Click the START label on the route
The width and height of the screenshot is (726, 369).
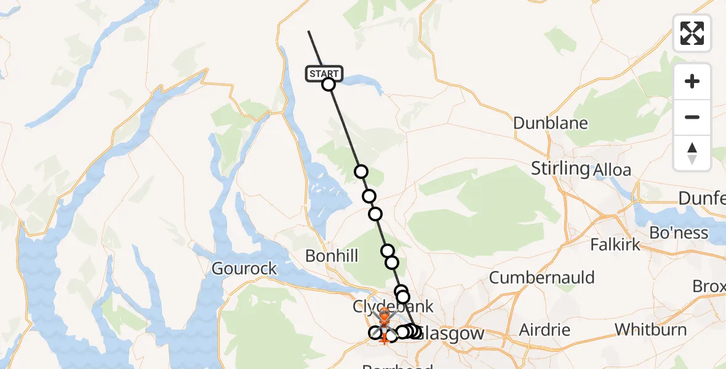click(322, 74)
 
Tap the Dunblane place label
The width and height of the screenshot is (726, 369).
click(551, 123)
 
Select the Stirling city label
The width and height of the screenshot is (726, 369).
click(559, 168)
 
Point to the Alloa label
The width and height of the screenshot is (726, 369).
click(613, 170)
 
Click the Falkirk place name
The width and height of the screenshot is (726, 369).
click(616, 244)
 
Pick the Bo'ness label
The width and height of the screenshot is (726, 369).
click(679, 233)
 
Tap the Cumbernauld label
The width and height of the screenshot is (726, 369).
click(542, 277)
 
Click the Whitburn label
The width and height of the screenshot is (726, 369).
click(651, 330)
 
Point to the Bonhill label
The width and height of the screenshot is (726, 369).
click(332, 256)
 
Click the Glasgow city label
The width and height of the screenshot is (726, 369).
click(455, 334)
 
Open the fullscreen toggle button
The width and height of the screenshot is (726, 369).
click(692, 33)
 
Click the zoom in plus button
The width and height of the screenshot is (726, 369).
click(692, 81)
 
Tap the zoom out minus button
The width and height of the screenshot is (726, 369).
click(692, 117)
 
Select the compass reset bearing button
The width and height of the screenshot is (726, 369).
click(692, 153)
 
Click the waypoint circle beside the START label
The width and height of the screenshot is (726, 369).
click(329, 84)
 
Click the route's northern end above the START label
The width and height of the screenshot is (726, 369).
click(309, 31)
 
